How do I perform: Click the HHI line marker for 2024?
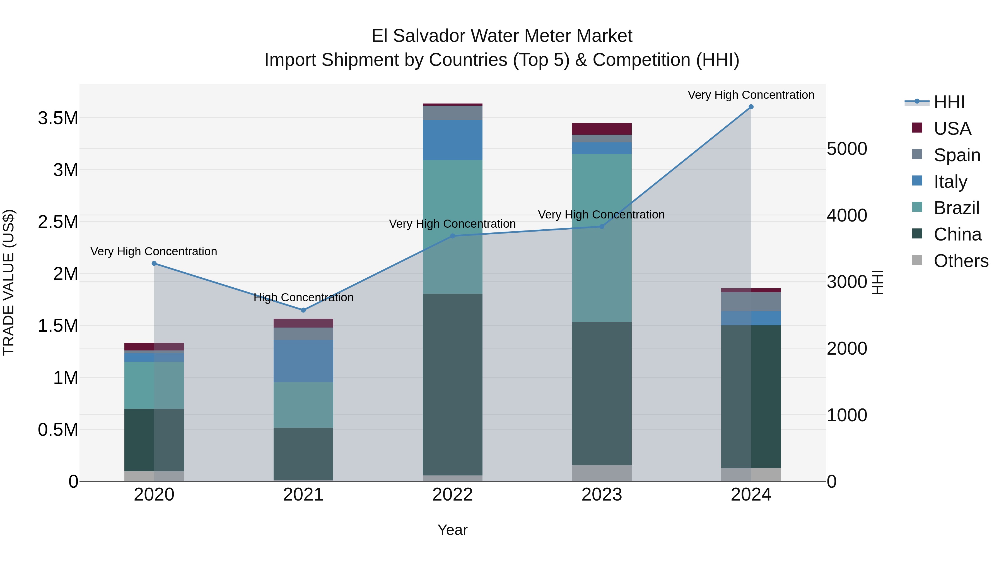coord(751,107)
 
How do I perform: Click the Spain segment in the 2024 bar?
coord(751,301)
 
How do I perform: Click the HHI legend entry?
coord(949,102)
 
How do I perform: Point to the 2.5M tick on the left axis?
coord(58,222)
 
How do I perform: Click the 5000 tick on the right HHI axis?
coord(846,149)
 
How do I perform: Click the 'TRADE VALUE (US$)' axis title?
coord(9,282)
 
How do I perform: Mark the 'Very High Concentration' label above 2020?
coord(154,251)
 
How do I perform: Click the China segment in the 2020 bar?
coord(154,440)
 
